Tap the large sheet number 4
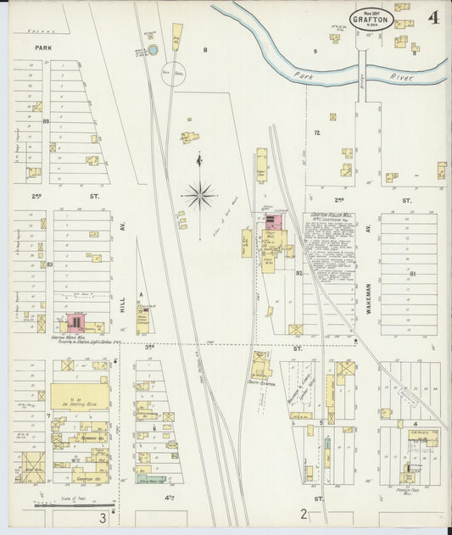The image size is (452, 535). coord(432,18)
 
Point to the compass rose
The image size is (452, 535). coord(199,195)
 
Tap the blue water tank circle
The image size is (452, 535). coord(153,51)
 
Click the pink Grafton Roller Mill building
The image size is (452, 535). coord(274,223)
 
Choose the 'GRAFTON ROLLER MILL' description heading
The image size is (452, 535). coord(330,216)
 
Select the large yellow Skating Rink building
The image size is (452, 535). coord(79,395)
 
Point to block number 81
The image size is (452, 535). coord(413,273)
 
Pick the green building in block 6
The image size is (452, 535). coord(149,479)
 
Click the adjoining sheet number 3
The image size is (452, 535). coord(103,517)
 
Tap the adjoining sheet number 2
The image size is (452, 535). coord(303,514)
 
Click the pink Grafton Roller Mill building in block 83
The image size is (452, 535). coord(75,322)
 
